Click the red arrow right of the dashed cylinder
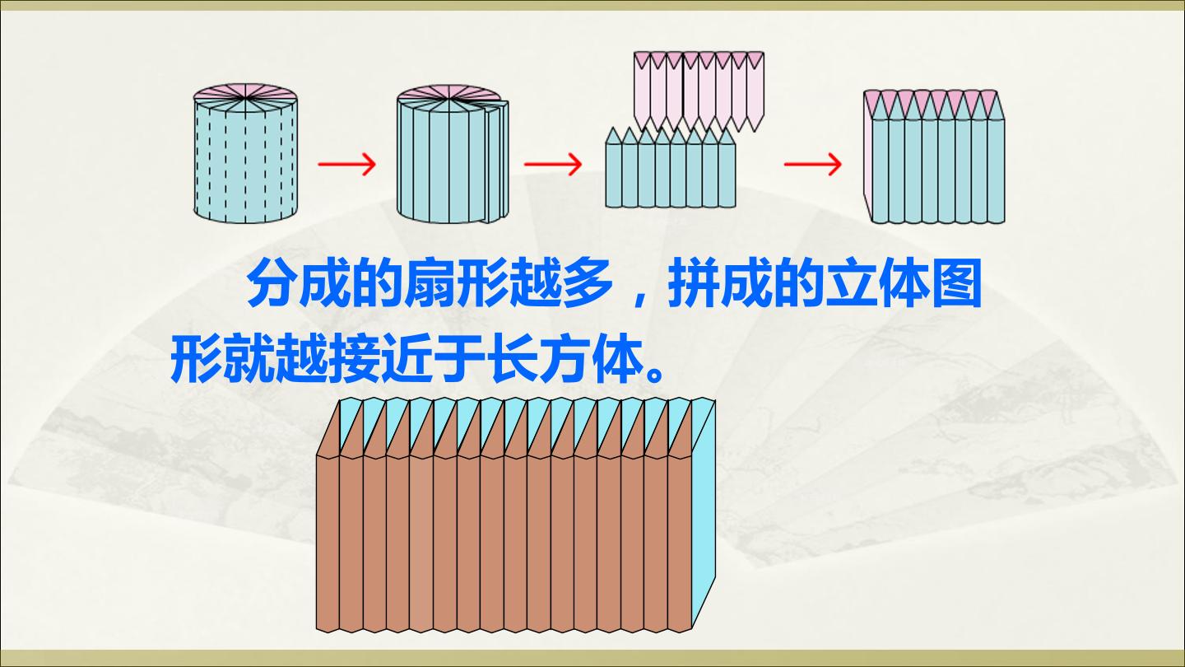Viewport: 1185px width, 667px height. point(346,164)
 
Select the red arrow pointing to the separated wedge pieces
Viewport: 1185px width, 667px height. point(553,164)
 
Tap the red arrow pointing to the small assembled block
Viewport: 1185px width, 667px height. point(812,164)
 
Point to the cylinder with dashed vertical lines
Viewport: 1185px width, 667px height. point(245,153)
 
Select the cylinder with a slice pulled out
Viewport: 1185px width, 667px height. point(453,153)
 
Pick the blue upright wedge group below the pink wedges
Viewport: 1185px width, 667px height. point(670,167)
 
